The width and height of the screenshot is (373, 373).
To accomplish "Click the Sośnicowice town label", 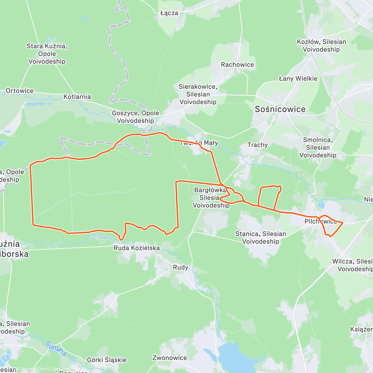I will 280,109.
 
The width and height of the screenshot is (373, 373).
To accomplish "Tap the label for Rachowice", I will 237,65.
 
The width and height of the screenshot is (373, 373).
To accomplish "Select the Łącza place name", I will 169,13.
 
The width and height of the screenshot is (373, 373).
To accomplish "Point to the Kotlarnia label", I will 77,97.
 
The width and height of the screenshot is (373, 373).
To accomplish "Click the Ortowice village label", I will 20,91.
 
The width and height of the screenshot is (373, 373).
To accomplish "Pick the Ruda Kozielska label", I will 137,248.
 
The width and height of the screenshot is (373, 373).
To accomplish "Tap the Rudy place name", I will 180,267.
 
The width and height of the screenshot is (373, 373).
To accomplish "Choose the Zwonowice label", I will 170,358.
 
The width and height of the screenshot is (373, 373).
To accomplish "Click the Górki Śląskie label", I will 107,360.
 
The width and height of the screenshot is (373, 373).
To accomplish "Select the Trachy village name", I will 257,145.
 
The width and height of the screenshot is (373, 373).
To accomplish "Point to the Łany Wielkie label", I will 298,79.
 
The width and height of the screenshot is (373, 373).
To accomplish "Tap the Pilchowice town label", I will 320,222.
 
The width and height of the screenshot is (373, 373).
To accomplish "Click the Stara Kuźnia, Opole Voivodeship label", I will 47,54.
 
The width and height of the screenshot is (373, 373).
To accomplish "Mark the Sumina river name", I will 56,348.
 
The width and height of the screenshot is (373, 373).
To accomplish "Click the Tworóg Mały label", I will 199,143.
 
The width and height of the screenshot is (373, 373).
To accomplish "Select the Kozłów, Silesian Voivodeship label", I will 321,46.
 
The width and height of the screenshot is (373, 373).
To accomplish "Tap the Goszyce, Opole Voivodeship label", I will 136,117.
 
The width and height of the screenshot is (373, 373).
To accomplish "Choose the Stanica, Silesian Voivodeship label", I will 260,237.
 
